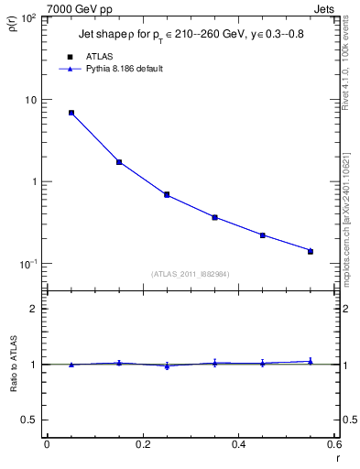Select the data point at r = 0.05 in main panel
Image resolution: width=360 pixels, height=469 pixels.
(71, 113)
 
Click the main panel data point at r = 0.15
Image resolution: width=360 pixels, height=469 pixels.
(119, 162)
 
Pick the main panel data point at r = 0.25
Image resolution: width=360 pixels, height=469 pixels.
(167, 194)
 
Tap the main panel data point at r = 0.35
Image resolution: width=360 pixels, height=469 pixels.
(214, 217)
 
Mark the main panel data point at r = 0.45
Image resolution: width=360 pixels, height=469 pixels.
(262, 235)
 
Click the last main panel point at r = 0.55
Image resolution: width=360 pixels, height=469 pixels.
(311, 251)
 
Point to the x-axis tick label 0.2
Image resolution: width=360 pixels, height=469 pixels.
(142, 444)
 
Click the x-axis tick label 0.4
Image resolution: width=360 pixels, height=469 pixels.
(238, 444)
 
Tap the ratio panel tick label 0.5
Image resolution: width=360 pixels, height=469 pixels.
(33, 420)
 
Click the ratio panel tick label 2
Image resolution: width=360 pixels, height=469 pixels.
(37, 309)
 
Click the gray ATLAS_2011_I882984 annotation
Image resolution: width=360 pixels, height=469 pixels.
(191, 273)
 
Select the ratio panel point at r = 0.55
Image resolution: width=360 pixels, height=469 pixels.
(311, 362)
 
